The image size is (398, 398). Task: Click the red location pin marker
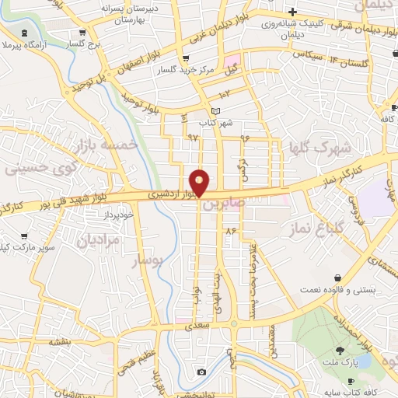201,182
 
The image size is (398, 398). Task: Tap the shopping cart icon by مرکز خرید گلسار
184,59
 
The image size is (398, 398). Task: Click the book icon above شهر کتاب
216,111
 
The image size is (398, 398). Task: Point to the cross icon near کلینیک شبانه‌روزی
292,12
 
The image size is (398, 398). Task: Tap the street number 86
230,231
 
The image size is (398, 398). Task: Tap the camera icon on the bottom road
202,372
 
